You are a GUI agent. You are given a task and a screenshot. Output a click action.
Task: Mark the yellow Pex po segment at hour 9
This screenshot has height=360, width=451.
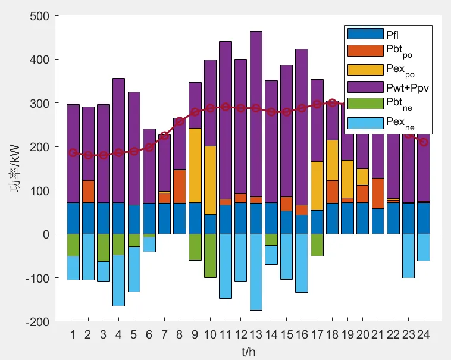click(195, 165)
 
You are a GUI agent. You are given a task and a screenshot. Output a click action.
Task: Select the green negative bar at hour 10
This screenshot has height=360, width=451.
click(210, 255)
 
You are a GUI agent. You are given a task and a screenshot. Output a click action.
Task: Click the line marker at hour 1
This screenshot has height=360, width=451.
click(73, 153)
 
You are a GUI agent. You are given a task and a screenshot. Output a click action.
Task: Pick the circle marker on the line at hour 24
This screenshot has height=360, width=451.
click(423, 142)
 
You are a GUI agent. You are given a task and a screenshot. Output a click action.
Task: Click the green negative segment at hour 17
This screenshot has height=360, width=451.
click(317, 245)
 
